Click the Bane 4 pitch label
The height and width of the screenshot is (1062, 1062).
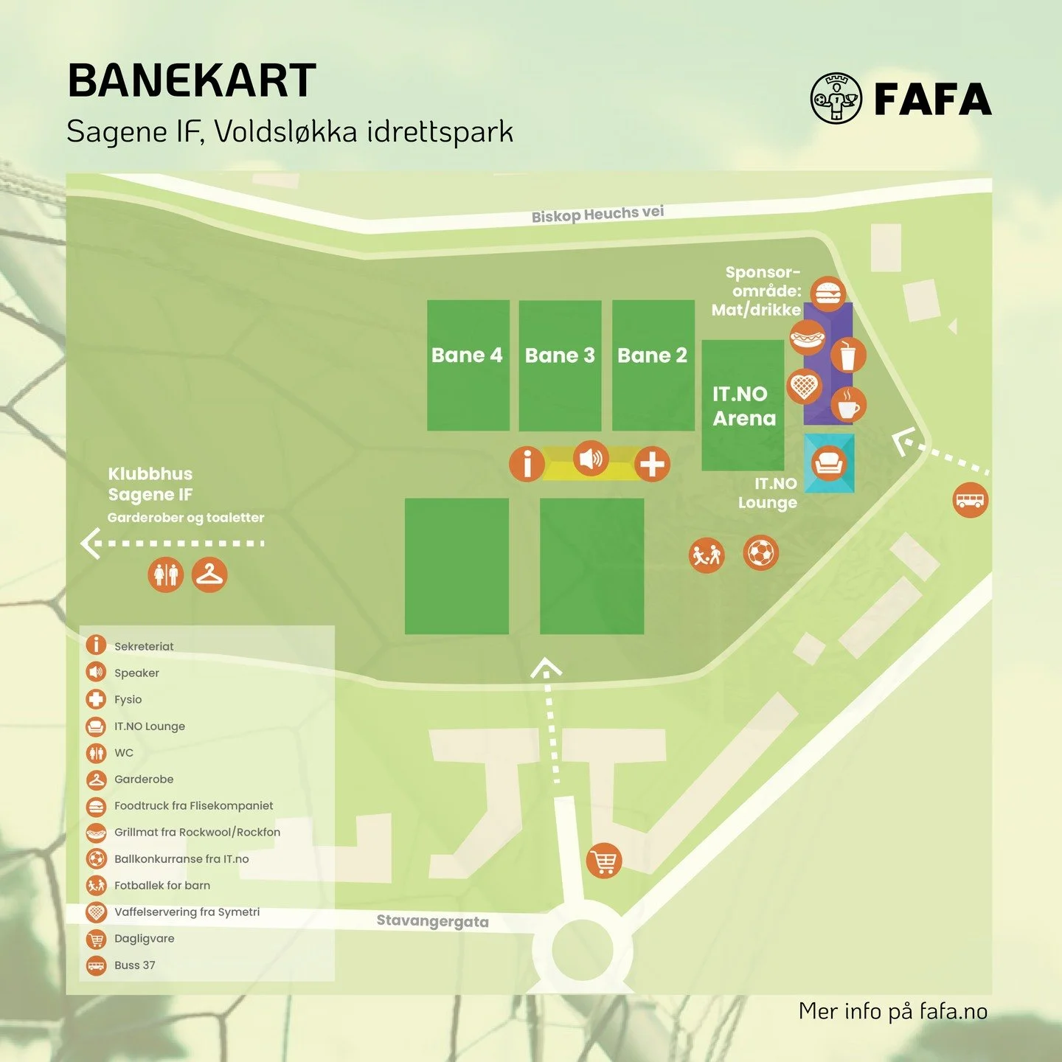(467, 355)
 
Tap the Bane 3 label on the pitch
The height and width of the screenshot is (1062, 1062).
(560, 355)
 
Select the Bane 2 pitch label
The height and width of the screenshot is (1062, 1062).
(652, 355)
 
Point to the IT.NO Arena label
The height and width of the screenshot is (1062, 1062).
(743, 406)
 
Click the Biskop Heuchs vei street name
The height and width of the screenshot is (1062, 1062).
(597, 214)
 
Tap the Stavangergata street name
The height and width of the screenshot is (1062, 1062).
(432, 921)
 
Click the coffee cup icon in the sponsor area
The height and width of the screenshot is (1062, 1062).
(848, 405)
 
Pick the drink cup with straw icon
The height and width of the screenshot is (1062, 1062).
(848, 355)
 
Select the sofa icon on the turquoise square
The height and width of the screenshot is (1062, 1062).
(829, 463)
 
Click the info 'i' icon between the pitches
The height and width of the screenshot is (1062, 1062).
(527, 464)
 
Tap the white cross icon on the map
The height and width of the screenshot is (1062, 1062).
(652, 464)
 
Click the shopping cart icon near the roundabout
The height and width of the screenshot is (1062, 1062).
(604, 861)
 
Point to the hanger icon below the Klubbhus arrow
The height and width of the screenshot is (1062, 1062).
(209, 575)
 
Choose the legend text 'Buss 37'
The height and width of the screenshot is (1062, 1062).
(135, 965)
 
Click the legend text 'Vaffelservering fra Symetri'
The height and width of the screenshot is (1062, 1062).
(187, 912)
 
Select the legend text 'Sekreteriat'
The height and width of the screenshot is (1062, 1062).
(144, 647)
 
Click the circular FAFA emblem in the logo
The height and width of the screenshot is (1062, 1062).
(836, 98)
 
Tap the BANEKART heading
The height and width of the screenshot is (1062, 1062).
(192, 80)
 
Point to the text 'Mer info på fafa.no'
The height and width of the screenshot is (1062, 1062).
(892, 1011)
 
